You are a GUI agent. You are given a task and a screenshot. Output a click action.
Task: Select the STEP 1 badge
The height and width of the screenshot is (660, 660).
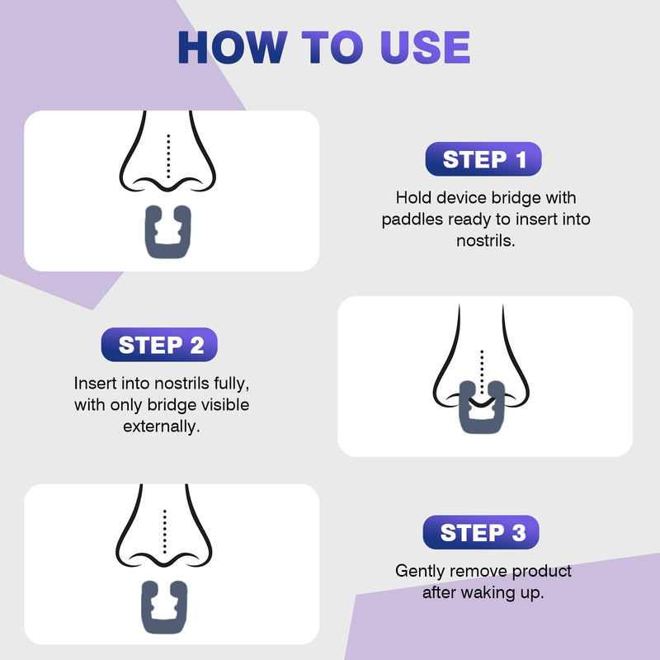pos(484,159)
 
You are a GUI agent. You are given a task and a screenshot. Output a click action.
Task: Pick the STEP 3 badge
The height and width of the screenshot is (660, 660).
pos(482,532)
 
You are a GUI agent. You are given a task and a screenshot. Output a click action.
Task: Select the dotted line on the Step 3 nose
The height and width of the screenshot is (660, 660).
pos(165,530)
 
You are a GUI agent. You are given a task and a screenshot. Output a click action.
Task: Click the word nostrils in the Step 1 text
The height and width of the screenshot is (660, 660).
pos(485,241)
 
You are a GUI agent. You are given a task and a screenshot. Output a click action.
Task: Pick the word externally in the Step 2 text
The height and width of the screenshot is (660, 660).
pos(162,427)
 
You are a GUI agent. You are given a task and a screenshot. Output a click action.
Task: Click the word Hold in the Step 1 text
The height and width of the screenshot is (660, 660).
pos(412,198)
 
